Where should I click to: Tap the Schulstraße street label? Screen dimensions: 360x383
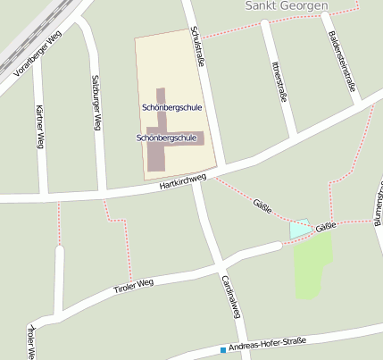coord(198,46)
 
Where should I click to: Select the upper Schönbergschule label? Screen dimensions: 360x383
coord(171,107)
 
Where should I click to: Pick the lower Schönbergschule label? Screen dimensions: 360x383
coord(166,138)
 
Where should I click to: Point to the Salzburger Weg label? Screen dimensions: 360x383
coord(95,104)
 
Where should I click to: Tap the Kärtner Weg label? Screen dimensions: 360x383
coord(39,125)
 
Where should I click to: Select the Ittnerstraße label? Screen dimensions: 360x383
coord(279,82)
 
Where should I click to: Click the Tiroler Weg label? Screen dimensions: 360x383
coord(134,287)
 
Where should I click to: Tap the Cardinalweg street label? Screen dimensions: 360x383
coord(229,296)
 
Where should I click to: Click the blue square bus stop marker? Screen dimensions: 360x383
coord(222,349)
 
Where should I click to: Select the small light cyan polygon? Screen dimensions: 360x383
coord(299,228)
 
